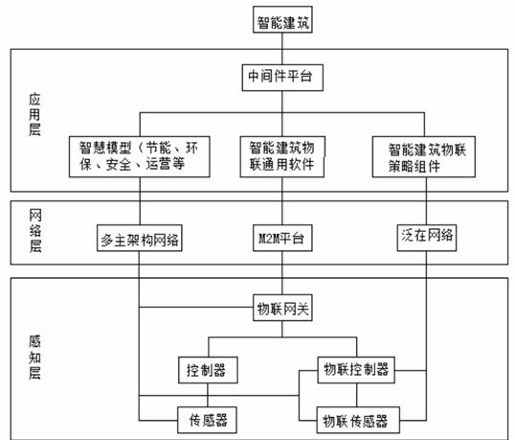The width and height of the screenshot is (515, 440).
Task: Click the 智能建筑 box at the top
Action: (282, 20)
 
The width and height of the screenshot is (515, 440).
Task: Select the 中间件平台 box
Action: (282, 78)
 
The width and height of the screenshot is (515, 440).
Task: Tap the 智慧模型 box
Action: (139, 157)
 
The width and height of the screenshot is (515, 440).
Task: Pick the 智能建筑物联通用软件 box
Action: (282, 157)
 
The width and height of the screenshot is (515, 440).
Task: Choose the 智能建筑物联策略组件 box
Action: (424, 157)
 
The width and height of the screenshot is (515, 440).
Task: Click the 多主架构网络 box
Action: (139, 238)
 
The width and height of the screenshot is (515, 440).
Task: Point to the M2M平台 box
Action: (282, 238)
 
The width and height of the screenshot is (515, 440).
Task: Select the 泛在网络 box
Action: (427, 238)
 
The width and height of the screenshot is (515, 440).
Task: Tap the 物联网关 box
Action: (282, 308)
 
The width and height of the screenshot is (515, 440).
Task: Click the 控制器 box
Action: (208, 370)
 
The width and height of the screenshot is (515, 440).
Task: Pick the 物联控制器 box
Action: (356, 370)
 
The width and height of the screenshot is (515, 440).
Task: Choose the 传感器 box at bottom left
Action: (208, 420)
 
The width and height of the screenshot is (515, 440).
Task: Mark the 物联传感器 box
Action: (358, 420)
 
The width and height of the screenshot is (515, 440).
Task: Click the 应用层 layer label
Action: (34, 114)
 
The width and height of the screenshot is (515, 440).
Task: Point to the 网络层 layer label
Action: (35, 231)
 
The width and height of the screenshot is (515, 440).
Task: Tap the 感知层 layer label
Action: (34, 358)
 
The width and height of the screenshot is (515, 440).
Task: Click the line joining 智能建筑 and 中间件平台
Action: (282, 49)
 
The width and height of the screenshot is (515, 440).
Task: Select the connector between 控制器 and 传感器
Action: (208, 395)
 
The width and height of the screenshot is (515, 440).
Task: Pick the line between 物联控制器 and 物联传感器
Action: (357, 395)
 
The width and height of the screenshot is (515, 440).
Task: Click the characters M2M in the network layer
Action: (269, 239)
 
